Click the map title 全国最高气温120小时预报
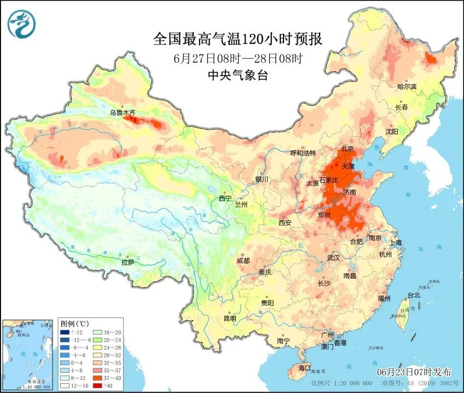[x=237, y=40]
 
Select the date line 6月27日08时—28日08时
[x=237, y=59]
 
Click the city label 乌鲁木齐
[x=122, y=113]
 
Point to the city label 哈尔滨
[x=407, y=86]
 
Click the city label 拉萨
[x=127, y=262]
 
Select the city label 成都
[x=243, y=261]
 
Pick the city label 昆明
[x=230, y=318]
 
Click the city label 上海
[x=395, y=242]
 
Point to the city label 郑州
[x=324, y=215]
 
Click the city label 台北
[x=414, y=295]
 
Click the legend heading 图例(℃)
[x=74, y=323]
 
